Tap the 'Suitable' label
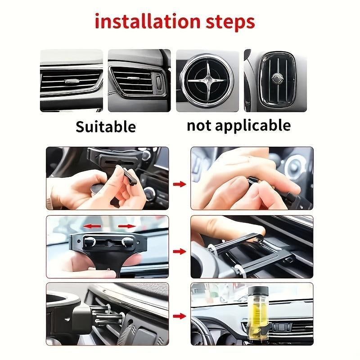point(105,126)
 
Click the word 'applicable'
point(254,126)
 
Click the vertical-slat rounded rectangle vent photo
point(275,81)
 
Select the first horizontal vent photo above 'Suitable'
point(71,81)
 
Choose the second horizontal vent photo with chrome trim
point(139,81)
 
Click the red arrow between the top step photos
point(180,184)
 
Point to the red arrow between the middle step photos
point(180,251)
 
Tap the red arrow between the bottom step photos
point(180,316)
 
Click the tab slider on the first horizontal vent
point(72,82)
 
